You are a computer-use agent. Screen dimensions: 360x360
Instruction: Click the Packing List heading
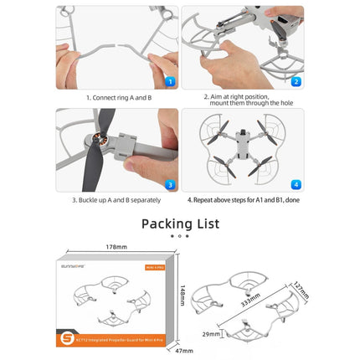[x=180, y=224]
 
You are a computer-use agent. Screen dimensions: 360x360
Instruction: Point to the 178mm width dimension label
[x=118, y=247]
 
